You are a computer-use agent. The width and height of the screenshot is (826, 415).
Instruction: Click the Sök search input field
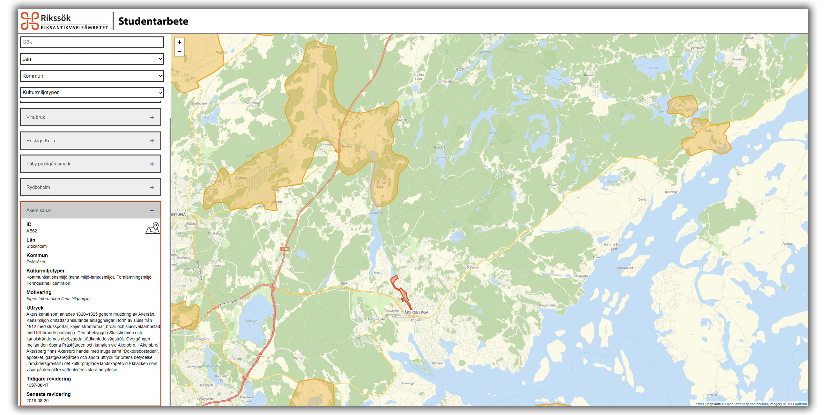point(92,42)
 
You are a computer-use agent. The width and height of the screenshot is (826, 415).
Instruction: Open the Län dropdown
point(92,59)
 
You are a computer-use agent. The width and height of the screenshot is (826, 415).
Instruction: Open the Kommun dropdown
point(92,76)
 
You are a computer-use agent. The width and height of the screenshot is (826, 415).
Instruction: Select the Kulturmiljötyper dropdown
point(92,93)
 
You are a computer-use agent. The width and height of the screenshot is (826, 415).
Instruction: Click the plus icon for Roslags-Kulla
point(152,141)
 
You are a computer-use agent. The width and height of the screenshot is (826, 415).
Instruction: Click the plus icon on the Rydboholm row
point(152,187)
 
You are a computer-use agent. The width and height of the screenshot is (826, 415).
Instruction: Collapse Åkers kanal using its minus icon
point(152,211)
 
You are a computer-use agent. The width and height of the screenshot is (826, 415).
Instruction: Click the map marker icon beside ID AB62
point(153,228)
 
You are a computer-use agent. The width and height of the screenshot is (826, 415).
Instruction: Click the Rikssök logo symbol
point(30,21)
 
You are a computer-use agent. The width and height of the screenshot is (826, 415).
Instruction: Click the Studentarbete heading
point(153,21)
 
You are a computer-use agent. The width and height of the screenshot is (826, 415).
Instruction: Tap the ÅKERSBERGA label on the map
point(416,312)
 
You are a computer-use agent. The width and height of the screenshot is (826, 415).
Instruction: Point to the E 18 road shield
point(285,249)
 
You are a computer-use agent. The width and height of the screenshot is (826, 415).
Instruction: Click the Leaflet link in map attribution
point(699,404)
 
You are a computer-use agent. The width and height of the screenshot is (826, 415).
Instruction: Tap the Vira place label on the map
point(681,105)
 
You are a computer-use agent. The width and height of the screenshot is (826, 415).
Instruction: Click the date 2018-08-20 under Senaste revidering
point(37,400)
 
